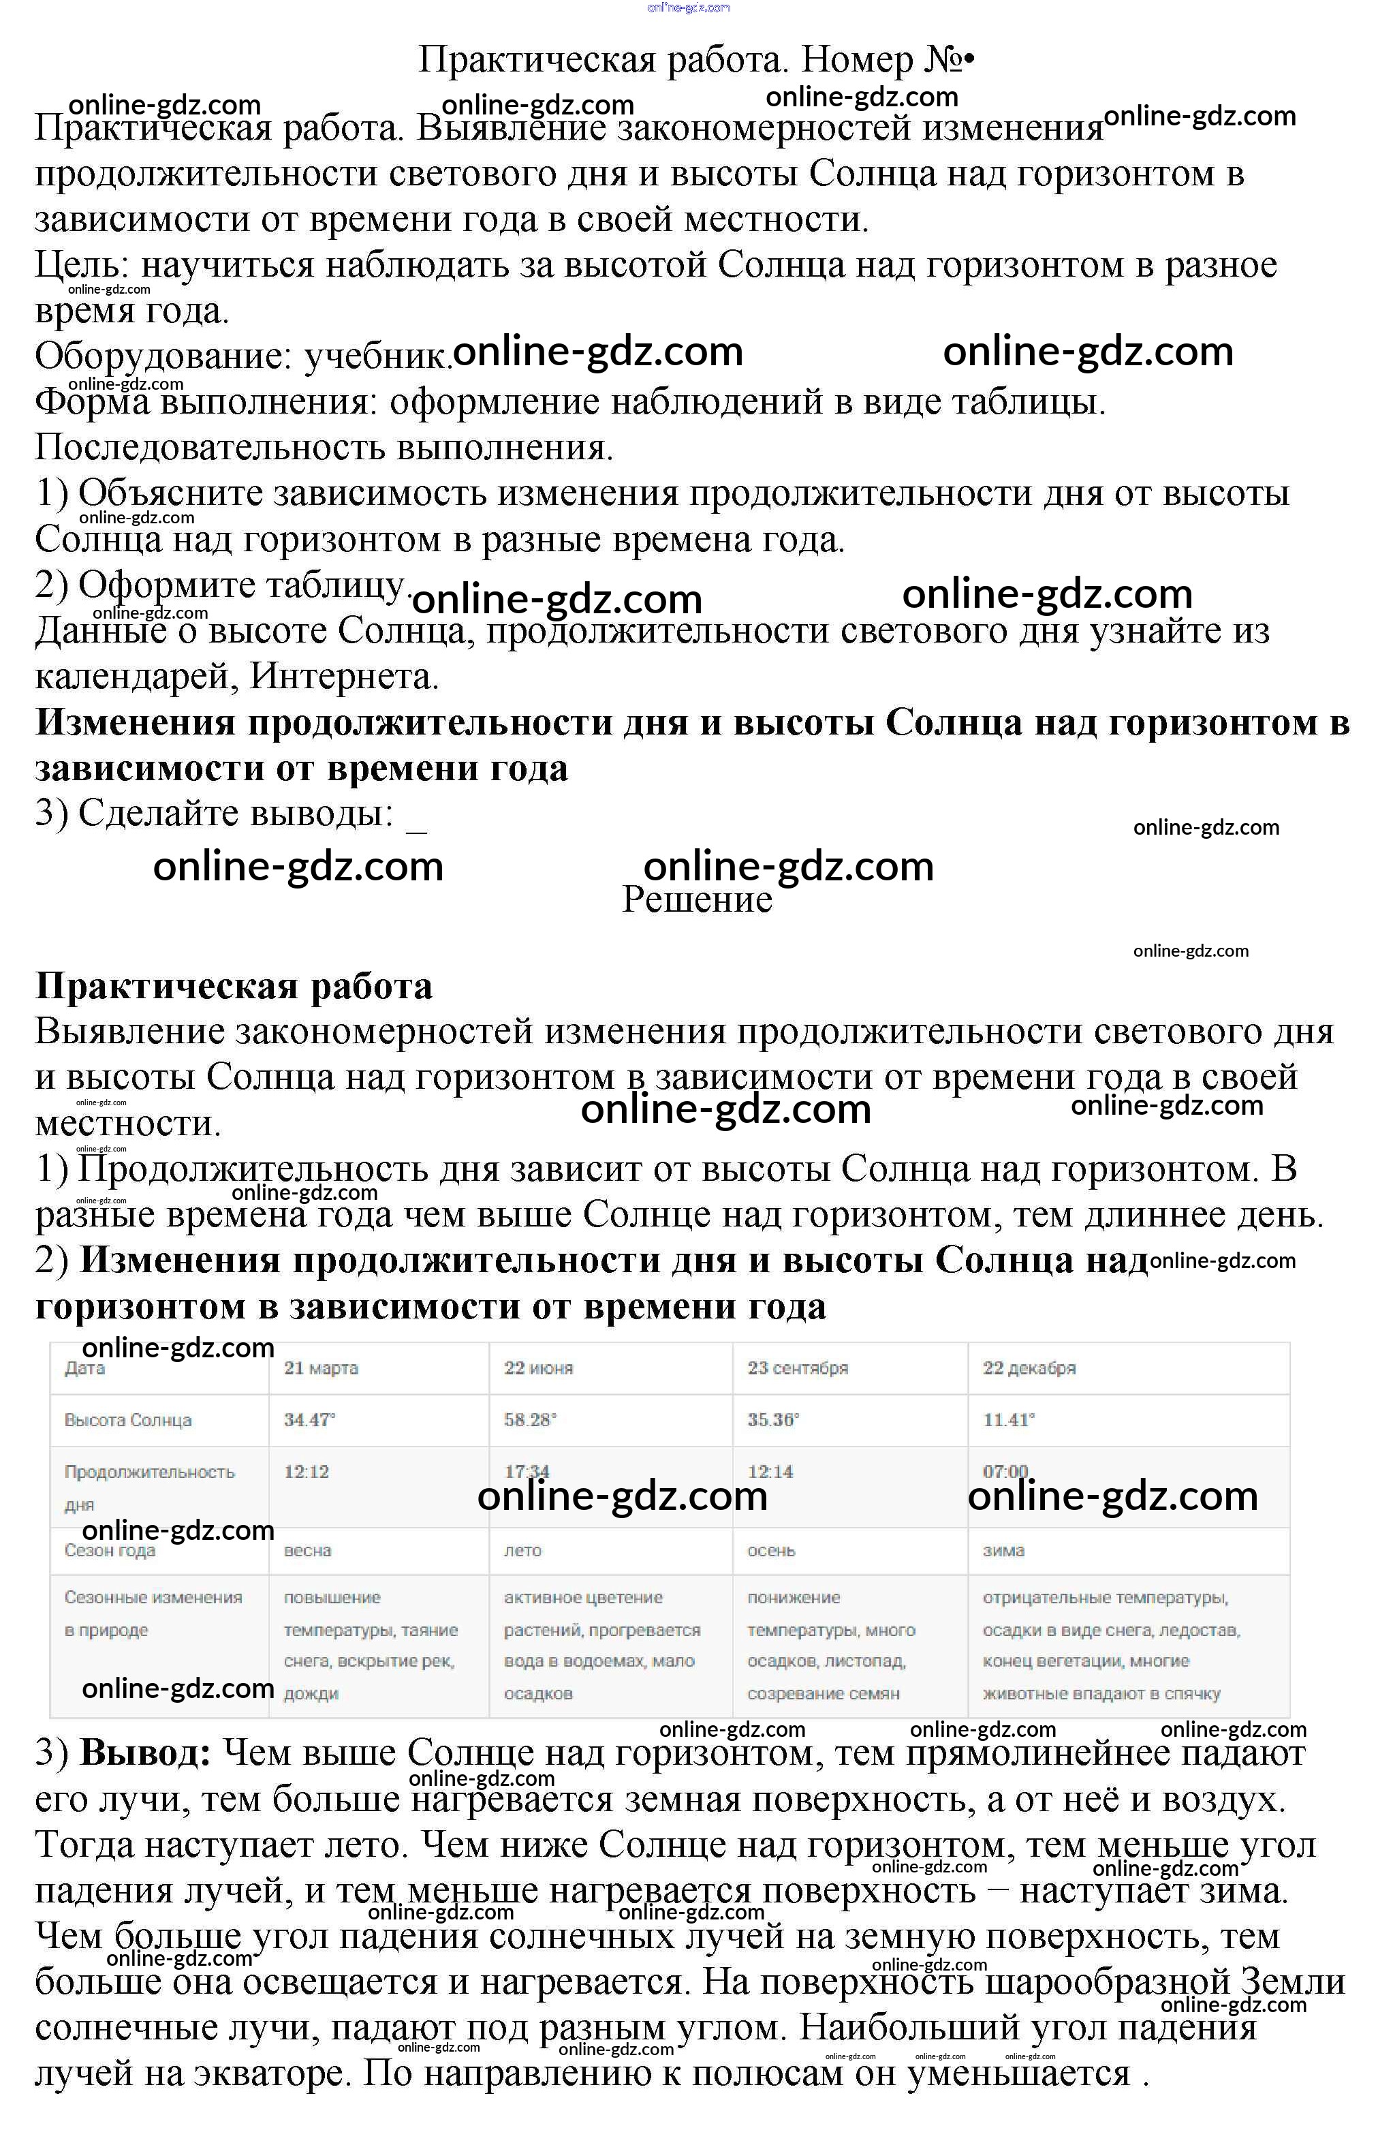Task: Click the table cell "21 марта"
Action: (x=322, y=1368)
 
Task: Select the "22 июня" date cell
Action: (x=539, y=1368)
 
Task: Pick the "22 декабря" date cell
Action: (x=1029, y=1368)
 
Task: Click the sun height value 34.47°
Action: (x=310, y=1419)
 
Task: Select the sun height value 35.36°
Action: (x=773, y=1419)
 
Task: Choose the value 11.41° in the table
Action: (x=1008, y=1419)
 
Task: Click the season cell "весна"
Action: (x=307, y=1550)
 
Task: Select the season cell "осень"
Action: (x=771, y=1550)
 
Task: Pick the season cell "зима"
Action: (x=1003, y=1550)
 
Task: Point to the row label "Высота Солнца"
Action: (x=128, y=1419)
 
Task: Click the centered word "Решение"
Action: (x=697, y=899)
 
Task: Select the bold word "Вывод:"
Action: (x=145, y=1753)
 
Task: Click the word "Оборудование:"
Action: (x=163, y=356)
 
